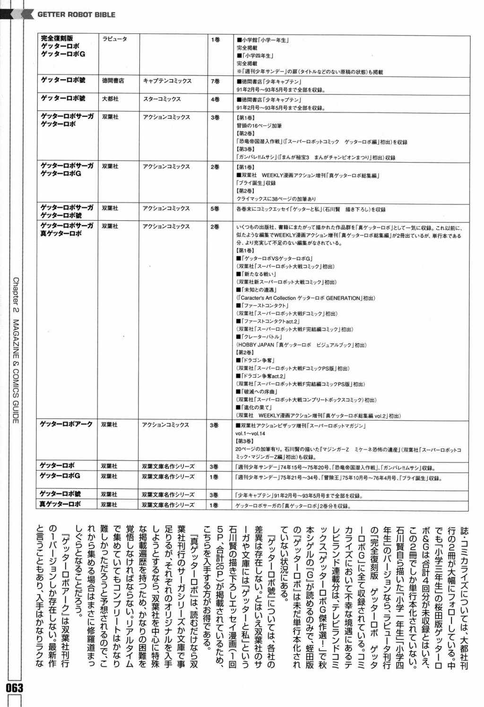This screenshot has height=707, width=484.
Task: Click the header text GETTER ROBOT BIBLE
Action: [76, 15]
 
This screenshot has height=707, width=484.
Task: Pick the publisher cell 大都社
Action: [110, 99]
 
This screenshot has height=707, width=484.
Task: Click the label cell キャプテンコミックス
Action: [167, 81]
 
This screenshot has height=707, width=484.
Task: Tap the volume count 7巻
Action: [215, 81]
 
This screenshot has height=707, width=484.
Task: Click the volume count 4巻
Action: [215, 99]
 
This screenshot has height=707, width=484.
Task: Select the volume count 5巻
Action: [215, 208]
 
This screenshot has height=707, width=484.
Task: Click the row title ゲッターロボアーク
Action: [66, 424]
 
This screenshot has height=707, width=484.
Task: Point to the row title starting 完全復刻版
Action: [57, 38]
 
